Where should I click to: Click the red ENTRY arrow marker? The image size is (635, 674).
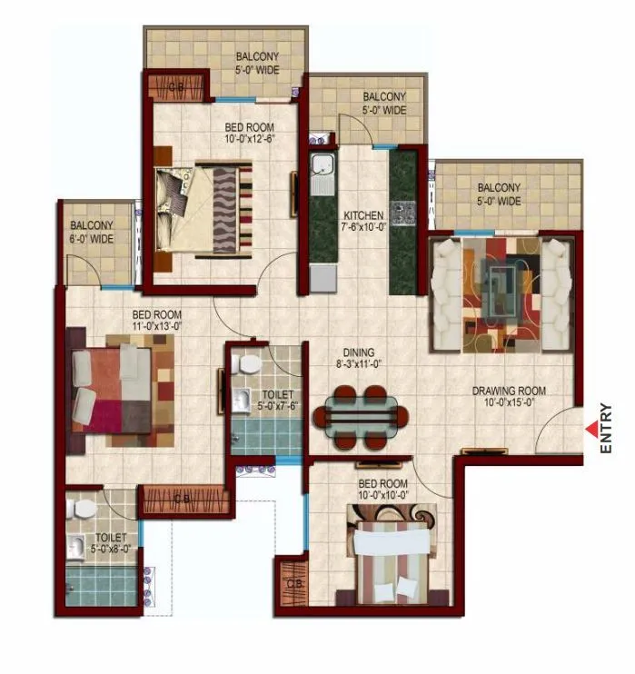pyautogui.click(x=591, y=428)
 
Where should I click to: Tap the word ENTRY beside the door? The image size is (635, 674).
pyautogui.click(x=607, y=428)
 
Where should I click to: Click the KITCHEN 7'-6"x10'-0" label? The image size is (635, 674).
pyautogui.click(x=362, y=222)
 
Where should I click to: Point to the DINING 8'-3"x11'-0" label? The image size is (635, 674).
pyautogui.click(x=358, y=358)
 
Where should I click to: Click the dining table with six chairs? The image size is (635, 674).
pyautogui.click(x=361, y=417)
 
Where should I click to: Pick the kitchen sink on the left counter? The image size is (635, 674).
pyautogui.click(x=322, y=167)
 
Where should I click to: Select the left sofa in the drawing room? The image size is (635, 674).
pyautogui.click(x=445, y=293)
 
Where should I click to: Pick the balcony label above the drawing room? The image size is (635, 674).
pyautogui.click(x=499, y=195)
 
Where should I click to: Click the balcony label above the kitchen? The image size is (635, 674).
pyautogui.click(x=383, y=104)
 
